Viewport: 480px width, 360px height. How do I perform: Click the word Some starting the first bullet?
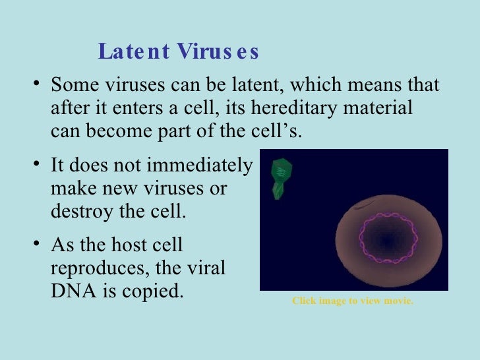(x=73, y=86)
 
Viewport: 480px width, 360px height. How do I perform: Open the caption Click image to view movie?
(x=353, y=301)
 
